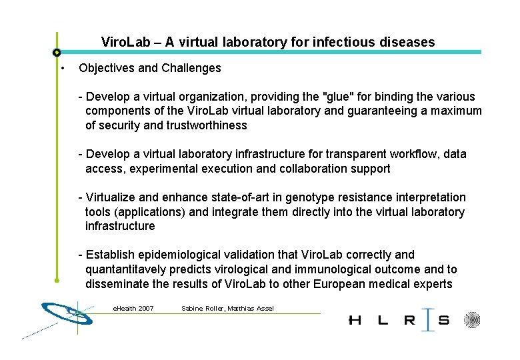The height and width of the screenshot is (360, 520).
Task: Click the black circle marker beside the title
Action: pyautogui.click(x=57, y=52)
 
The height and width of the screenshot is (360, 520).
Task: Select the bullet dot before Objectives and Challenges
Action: pyautogui.click(x=61, y=69)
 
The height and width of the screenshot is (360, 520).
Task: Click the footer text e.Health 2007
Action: pyautogui.click(x=133, y=308)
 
